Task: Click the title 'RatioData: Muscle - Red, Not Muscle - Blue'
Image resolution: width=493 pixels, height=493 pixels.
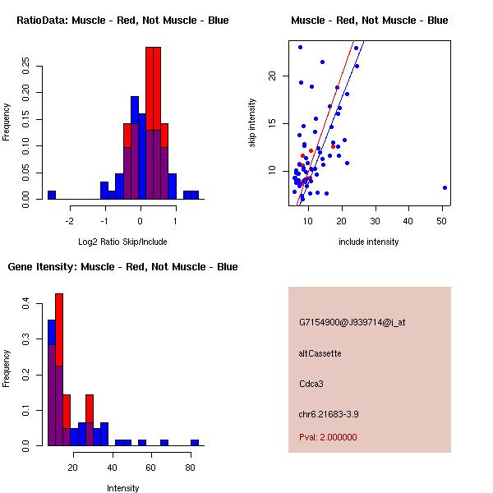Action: [122, 20]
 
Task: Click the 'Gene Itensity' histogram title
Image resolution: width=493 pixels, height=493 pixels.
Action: [122, 266]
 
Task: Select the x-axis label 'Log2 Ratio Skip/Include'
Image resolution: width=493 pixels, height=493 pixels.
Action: [122, 242]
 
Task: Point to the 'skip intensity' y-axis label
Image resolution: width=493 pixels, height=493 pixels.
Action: [252, 123]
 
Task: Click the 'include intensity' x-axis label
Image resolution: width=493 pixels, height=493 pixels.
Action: [369, 242]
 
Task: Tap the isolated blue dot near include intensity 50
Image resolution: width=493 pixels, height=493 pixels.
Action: [445, 187]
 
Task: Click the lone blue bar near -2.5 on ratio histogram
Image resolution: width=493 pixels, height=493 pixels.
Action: [51, 195]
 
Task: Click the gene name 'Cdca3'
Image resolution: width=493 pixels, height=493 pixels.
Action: [311, 383]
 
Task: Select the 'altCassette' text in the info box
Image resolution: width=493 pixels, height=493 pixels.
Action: [320, 353]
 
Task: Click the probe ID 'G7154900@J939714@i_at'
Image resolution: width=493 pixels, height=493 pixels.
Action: [352, 322]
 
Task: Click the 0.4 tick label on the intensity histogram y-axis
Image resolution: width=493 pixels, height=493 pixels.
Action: [29, 304]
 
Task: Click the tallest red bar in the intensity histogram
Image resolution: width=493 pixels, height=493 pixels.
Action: [59, 370]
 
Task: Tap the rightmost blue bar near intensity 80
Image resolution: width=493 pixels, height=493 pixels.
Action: [195, 443]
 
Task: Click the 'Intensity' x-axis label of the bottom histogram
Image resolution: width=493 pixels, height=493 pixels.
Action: [122, 488]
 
